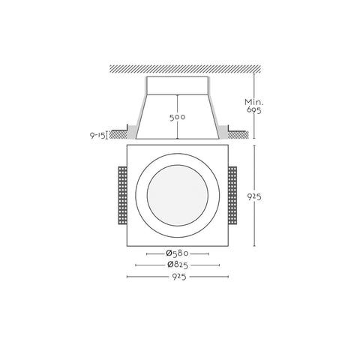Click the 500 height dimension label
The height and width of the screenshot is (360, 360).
[178, 117]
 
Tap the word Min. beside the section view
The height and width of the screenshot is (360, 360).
[254, 102]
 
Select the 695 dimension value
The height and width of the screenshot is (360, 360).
[254, 110]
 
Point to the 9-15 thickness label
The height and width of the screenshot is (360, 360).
[97, 135]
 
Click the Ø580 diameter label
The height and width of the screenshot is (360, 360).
[177, 253]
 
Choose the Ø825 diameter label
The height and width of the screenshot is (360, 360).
[178, 265]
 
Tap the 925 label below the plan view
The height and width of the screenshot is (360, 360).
[179, 277]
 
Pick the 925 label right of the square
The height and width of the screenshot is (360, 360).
[254, 197]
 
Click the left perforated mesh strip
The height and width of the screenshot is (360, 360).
[122, 196]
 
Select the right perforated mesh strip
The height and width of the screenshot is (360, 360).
[232, 196]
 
